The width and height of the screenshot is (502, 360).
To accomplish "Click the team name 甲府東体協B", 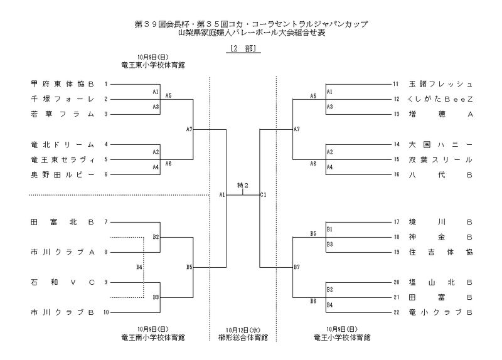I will (x=62, y=83).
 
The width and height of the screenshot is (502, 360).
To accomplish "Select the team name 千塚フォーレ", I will (x=62, y=98).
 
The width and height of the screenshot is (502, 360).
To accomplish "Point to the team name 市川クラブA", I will (x=62, y=252).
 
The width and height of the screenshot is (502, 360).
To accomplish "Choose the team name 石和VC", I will (x=62, y=282).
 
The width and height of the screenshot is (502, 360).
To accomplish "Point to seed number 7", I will (x=107, y=222).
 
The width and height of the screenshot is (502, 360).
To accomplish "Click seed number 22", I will (x=396, y=312).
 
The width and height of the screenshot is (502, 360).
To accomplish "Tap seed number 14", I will (x=396, y=144).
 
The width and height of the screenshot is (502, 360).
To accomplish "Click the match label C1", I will (x=264, y=195).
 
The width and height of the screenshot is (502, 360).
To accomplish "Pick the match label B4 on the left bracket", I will (x=139, y=268).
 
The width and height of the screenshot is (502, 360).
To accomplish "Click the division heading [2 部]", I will (x=242, y=48).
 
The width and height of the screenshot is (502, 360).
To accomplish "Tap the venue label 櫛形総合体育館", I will (x=242, y=337).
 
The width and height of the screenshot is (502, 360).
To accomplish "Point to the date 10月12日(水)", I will (x=242, y=329).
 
